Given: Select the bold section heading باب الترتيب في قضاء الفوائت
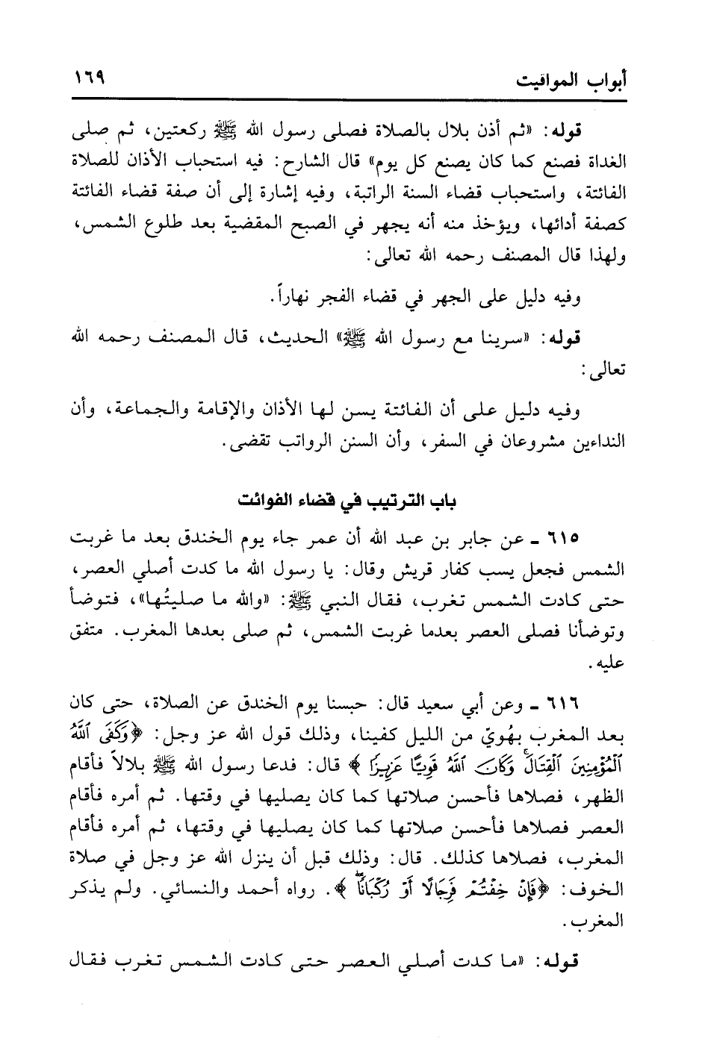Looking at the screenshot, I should pyautogui.click(x=350, y=501).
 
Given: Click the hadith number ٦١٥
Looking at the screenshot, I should pyautogui.click(x=574, y=538).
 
